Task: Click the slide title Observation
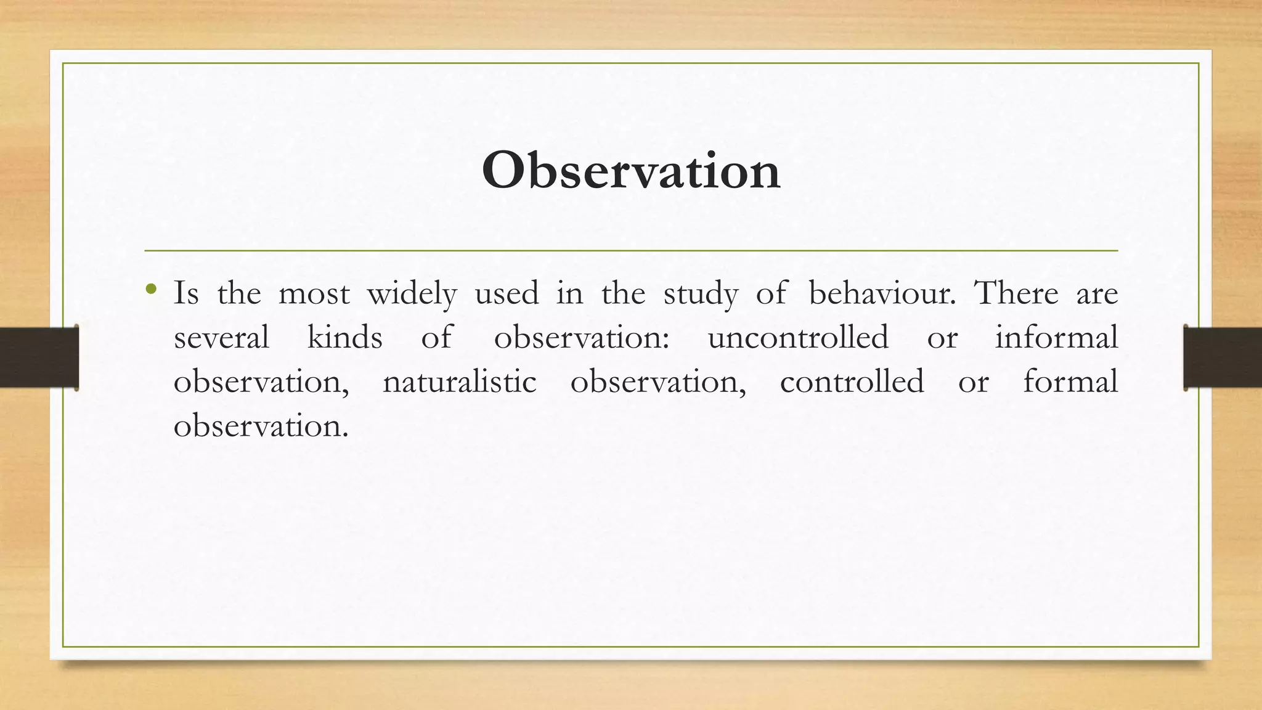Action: point(631,171)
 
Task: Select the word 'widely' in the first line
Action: point(412,293)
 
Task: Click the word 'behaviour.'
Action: point(882,293)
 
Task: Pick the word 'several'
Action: point(221,338)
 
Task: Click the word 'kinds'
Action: point(344,338)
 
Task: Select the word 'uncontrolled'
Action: point(798,338)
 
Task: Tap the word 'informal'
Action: point(1056,338)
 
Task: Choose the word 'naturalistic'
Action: point(459,382)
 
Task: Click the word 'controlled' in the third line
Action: point(852,382)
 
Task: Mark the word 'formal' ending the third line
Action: point(1070,382)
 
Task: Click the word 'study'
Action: point(701,295)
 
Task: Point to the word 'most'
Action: point(314,295)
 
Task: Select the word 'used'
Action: point(507,293)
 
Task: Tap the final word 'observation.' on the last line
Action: point(261,426)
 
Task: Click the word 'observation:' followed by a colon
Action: point(581,338)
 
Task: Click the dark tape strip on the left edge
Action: point(39,357)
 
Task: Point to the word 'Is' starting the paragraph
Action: point(186,293)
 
